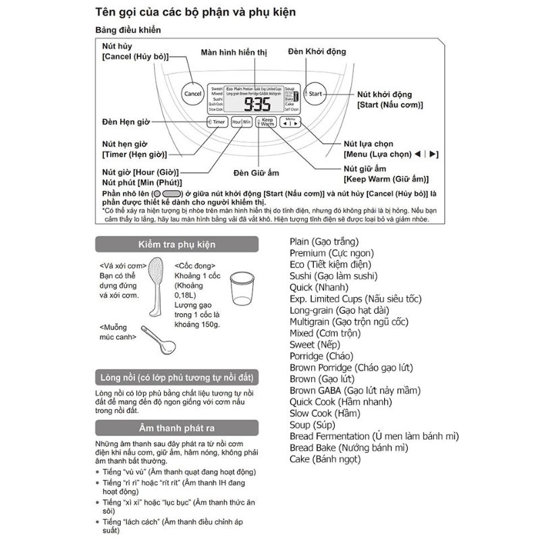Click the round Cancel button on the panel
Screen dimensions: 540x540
coord(192,94)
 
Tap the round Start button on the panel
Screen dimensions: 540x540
coord(315,94)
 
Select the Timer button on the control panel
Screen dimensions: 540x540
coord(216,122)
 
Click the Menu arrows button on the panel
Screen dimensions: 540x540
coord(290,122)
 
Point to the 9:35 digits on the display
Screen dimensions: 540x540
coord(256,104)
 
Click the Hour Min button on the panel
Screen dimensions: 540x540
coord(242,122)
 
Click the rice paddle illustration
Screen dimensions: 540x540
coord(156,286)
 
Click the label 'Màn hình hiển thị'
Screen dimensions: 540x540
coord(234,52)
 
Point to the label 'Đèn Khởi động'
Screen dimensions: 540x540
coord(317,52)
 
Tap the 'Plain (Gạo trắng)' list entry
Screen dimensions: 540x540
coord(324,241)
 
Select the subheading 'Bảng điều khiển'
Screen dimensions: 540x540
coord(128,30)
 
